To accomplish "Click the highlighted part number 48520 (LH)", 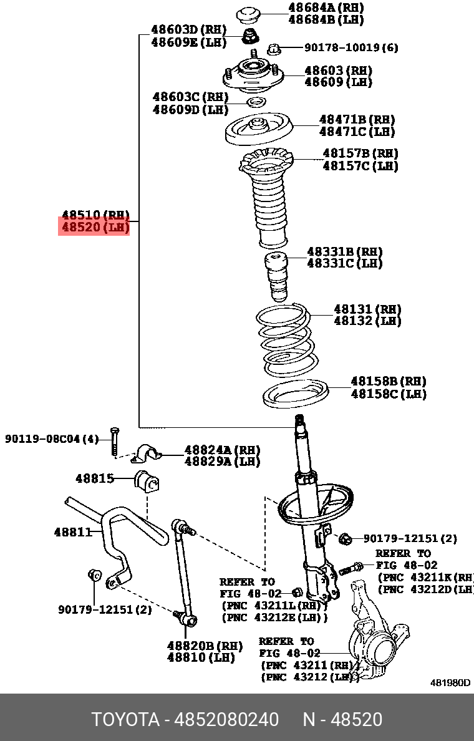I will pos(94,228).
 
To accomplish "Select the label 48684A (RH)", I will pos(326,7).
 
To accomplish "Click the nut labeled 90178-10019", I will pos(273,48).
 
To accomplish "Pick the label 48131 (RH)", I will pos(367,309).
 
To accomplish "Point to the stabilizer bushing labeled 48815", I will pos(147,481).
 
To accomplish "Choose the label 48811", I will pos(73,532).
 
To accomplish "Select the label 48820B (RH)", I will pos(205,646).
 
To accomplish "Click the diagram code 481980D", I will pos(450,682).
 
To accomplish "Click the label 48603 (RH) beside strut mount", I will pos(337,70).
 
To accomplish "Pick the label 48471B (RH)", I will pos(357,119).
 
